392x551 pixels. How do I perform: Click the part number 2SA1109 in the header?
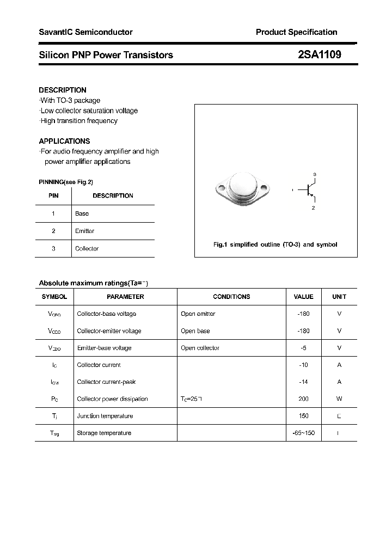click(x=320, y=54)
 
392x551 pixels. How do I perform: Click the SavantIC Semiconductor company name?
click(x=85, y=32)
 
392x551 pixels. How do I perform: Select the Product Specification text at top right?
click(x=296, y=32)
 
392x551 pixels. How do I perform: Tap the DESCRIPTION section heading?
click(x=63, y=90)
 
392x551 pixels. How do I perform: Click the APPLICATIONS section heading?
click(x=64, y=141)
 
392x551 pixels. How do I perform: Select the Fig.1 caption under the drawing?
click(x=275, y=244)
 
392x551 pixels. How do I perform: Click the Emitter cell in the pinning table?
click(x=85, y=231)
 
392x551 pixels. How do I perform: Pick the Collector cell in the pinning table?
click(x=87, y=248)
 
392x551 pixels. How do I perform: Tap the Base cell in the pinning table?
click(x=82, y=213)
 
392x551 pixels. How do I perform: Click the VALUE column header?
click(x=303, y=297)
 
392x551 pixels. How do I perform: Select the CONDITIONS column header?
click(x=231, y=297)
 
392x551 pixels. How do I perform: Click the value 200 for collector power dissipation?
click(x=303, y=399)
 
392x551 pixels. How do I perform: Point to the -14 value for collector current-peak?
click(x=303, y=382)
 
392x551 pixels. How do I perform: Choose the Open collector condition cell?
click(x=200, y=348)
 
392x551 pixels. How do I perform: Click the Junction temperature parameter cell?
click(x=105, y=416)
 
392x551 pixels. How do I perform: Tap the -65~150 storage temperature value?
click(x=303, y=433)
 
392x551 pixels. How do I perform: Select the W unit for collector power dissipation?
click(x=339, y=399)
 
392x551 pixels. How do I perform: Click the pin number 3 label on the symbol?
click(x=314, y=174)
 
